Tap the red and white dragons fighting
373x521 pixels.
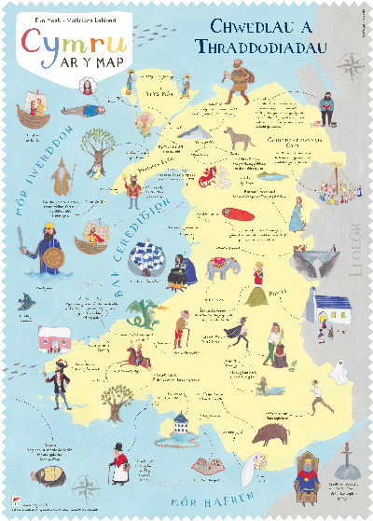208,174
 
